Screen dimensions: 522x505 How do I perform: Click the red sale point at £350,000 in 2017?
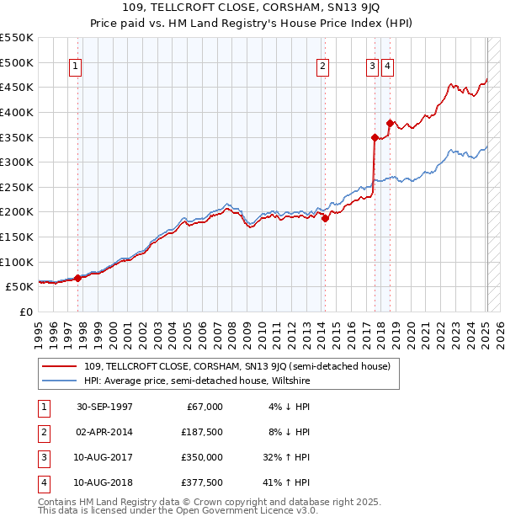point(375,136)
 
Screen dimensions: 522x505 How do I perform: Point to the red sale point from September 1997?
point(77,278)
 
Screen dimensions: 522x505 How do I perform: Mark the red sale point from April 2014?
point(325,218)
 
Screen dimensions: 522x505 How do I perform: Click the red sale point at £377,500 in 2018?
point(389,123)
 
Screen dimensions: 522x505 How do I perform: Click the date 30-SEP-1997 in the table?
point(104,407)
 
